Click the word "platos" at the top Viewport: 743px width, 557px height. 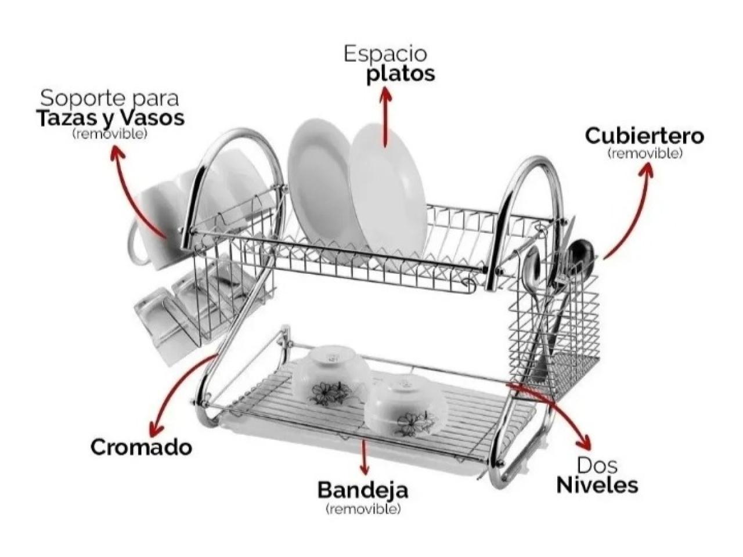400,75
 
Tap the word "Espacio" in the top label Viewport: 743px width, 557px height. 385,53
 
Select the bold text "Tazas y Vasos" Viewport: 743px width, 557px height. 110,118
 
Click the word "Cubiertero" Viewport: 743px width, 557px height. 644,136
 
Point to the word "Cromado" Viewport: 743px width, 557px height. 141,447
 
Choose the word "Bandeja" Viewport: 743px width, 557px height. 363,490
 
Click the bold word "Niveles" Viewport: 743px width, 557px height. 597,484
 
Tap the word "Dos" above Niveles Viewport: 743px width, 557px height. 597,465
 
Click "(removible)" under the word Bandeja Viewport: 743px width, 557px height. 363,509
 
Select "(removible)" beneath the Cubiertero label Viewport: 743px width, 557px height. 644,154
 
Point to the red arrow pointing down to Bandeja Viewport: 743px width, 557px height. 364,458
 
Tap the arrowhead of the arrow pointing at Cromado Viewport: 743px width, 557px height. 154,431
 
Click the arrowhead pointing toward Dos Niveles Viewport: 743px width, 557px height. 585,444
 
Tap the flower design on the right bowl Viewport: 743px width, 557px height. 413,424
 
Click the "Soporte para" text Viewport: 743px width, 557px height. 110,97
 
